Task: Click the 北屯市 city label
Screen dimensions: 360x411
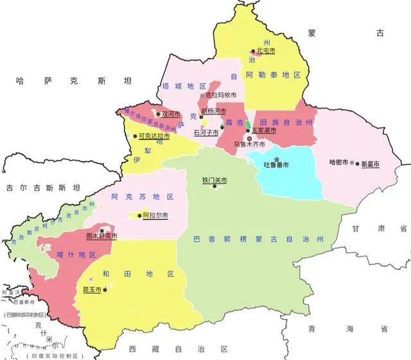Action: point(266,50)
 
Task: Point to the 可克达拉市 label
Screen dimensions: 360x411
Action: point(155,136)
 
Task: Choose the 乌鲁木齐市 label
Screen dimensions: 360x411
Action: point(249,145)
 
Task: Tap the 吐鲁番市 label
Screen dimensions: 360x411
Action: point(277,165)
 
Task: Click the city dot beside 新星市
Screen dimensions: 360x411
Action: point(357,164)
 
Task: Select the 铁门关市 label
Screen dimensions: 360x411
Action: point(215,181)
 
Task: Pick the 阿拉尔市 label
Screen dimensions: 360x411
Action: point(155,215)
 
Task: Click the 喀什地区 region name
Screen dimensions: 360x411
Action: point(82,255)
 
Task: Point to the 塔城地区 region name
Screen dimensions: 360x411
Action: point(184,86)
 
